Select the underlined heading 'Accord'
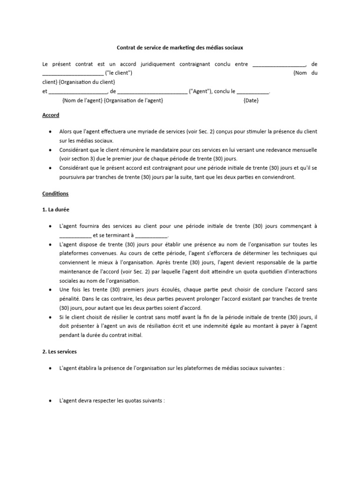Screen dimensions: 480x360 tap(51, 115)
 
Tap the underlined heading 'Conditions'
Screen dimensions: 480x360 tap(55, 193)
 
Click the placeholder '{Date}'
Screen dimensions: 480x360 tap(251, 100)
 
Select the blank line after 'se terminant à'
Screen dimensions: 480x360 tap(151, 235)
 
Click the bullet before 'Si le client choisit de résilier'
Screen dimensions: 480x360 tap(50, 317)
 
